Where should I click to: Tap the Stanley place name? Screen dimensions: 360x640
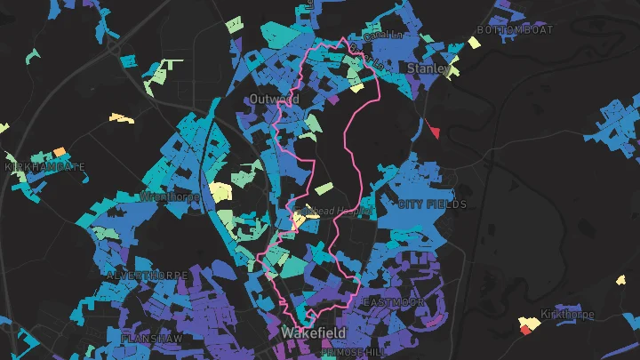tap(428, 68)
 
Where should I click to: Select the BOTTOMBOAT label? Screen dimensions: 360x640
tap(515, 29)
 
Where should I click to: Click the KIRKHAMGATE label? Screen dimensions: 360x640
tap(45, 167)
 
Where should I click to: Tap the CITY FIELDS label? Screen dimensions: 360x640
tap(432, 204)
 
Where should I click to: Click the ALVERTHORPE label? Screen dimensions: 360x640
tap(148, 276)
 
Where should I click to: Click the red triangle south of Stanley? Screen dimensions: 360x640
tap(434, 132)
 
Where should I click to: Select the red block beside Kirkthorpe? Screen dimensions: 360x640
tap(525, 330)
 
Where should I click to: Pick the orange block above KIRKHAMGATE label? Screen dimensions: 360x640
tap(60, 152)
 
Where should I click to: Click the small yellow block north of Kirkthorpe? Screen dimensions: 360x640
tap(620, 280)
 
